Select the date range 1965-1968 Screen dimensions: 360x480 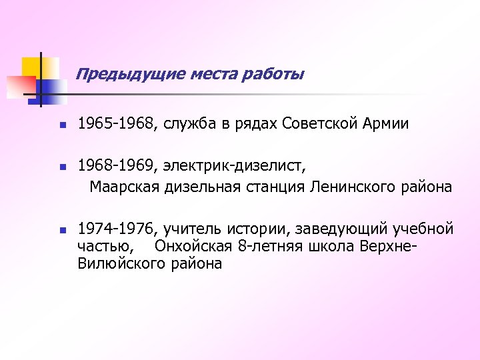point(115,124)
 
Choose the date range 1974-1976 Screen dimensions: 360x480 point(115,229)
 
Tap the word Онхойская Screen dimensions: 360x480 point(193,247)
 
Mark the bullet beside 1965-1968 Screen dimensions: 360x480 point(60,125)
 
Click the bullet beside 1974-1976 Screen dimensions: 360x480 point(60,230)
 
